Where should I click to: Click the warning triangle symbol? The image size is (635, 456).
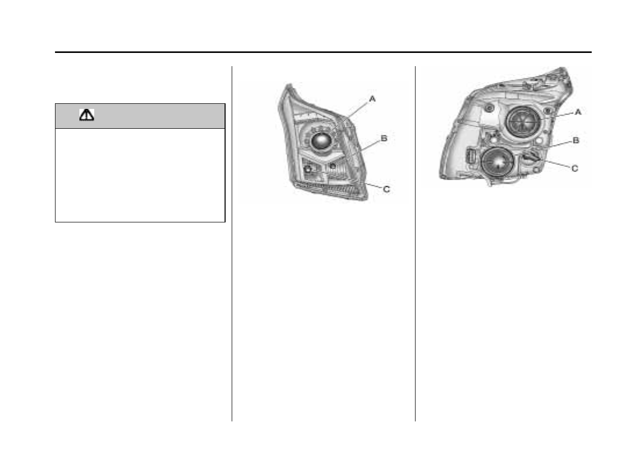point(87,115)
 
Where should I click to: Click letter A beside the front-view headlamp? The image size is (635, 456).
point(372,99)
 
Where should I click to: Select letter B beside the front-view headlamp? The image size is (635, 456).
point(384,138)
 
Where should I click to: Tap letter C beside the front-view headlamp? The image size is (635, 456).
point(386,189)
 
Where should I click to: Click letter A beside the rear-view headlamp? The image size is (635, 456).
point(578,112)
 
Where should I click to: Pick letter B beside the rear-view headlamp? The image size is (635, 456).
point(576,140)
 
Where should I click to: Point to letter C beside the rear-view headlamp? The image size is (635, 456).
point(575,168)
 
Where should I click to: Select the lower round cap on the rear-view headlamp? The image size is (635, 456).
point(498,162)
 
